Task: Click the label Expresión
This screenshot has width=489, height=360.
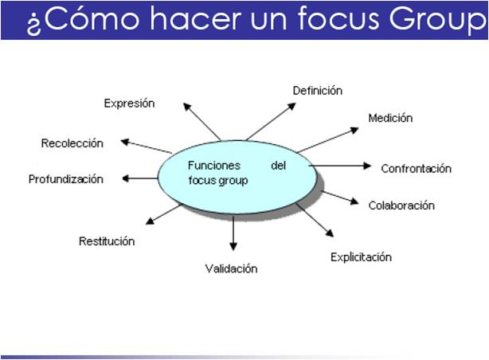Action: [129, 104]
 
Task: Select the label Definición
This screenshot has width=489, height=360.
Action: [317, 91]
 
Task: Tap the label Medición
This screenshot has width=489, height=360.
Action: [390, 119]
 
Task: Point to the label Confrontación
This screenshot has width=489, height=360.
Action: [416, 168]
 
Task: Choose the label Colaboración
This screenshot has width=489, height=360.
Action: [401, 205]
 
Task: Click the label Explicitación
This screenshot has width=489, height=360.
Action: [361, 257]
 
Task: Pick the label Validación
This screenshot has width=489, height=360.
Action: [231, 268]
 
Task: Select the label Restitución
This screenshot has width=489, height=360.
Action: [107, 241]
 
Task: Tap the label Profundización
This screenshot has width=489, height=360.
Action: [66, 179]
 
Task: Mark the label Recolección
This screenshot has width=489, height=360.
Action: [72, 143]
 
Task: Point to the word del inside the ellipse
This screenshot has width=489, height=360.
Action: [278, 166]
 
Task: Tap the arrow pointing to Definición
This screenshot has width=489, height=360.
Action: [268, 120]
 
